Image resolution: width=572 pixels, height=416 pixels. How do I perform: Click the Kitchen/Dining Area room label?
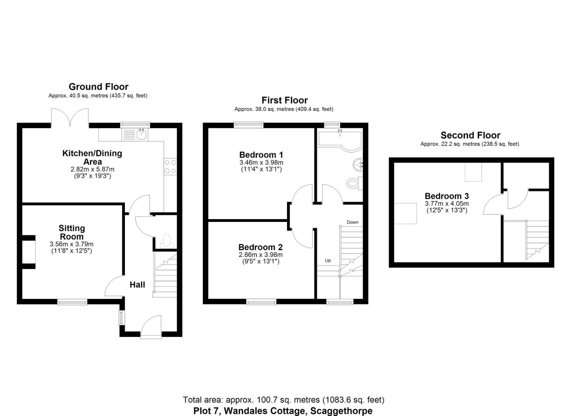92,158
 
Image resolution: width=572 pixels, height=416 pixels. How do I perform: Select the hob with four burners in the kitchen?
170,166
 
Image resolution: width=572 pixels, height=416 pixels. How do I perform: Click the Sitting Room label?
72,232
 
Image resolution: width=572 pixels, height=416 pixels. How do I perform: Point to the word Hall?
137,285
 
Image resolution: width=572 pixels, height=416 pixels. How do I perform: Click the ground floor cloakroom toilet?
167,240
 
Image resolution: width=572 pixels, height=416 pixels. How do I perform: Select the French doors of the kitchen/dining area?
70,117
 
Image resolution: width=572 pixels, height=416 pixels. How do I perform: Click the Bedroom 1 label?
261,155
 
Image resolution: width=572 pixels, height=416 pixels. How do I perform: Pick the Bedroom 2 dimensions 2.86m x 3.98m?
261,255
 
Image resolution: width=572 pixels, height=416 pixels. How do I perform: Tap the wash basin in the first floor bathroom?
358,165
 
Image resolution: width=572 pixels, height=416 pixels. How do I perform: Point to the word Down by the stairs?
352,222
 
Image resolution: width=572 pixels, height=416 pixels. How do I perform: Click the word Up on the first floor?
328,260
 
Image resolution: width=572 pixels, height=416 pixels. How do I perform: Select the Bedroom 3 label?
447,196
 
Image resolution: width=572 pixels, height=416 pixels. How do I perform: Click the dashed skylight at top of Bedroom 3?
473,172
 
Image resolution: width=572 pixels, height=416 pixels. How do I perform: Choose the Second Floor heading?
470,135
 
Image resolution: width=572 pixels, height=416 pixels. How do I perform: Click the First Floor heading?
285,100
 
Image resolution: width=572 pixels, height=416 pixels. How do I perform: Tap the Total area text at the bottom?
283,400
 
